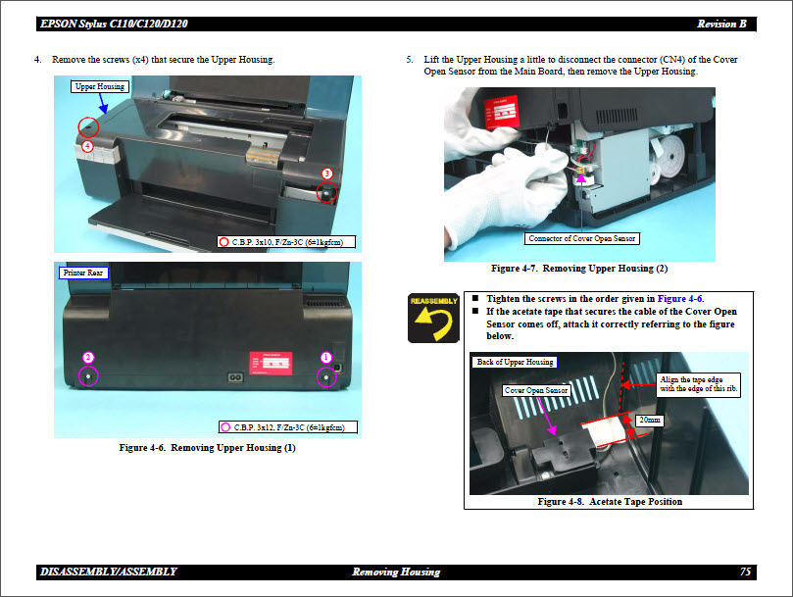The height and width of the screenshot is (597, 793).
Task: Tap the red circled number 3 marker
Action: pos(327,174)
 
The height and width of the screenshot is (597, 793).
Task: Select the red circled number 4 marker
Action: pos(87,146)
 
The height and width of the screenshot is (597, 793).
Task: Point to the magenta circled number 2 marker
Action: pos(88,358)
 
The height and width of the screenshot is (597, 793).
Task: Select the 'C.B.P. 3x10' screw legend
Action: pos(286,241)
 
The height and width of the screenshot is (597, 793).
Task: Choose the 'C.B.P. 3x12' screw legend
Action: pos(286,426)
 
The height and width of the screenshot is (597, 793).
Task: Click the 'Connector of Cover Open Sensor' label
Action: pos(582,238)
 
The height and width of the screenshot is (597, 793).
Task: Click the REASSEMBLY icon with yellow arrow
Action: pos(433,318)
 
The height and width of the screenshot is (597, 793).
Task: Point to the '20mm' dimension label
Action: pos(648,419)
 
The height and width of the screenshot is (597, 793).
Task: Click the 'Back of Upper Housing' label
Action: pos(515,362)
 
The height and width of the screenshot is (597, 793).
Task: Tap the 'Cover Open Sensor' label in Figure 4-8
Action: pos(536,390)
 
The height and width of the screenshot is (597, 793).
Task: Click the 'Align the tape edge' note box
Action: pos(698,383)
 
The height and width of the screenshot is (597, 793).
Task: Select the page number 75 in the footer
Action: pos(745,572)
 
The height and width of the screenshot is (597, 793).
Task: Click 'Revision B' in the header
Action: pos(723,24)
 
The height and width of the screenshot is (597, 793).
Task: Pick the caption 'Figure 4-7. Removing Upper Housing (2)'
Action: pos(578,268)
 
